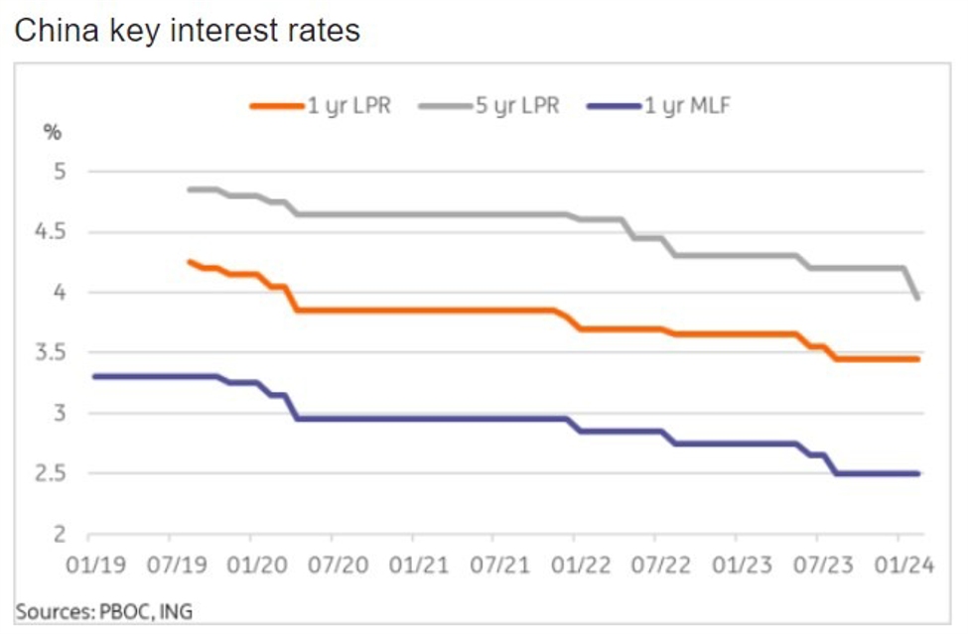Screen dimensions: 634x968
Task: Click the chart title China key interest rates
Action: (187, 31)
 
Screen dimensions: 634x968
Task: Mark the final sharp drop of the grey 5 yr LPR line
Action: (910, 283)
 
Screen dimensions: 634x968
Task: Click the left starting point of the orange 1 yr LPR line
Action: (190, 262)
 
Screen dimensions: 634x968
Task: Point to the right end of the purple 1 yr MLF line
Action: (917, 473)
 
